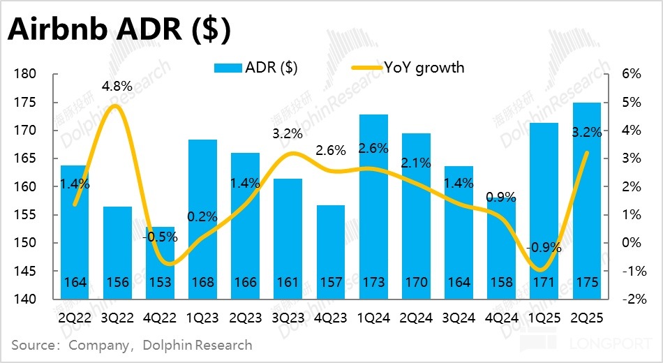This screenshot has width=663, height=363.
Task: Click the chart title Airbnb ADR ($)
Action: coord(119,31)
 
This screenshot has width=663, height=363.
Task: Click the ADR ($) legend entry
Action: coord(259,67)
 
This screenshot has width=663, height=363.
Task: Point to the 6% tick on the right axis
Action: coord(627,75)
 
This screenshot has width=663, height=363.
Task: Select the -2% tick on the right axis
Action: coord(627,299)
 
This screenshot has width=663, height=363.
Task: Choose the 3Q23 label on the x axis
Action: coord(287,318)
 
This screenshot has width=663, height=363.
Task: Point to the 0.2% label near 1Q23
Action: coord(202,216)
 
